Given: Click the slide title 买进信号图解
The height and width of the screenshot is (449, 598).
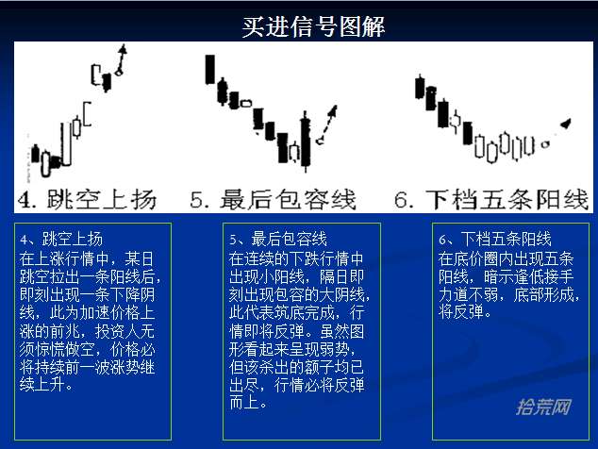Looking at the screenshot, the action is [x=313, y=26].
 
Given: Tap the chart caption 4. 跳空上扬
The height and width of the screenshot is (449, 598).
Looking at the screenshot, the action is [x=87, y=200].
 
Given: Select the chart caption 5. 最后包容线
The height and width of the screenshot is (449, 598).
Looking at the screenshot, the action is [x=274, y=200].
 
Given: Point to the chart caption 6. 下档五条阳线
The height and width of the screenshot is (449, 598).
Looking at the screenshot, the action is [x=491, y=200].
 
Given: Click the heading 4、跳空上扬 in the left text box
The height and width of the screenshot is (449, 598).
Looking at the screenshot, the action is [x=61, y=240].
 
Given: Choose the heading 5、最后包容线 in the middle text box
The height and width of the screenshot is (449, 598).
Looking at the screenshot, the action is [x=278, y=240].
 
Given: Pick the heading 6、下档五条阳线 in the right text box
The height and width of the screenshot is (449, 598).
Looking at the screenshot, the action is [x=494, y=240].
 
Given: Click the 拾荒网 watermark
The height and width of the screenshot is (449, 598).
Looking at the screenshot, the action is [x=543, y=407].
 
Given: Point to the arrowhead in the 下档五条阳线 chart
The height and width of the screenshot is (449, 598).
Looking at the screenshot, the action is [x=566, y=124].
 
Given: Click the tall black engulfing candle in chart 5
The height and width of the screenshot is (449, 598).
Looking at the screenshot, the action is [x=305, y=141].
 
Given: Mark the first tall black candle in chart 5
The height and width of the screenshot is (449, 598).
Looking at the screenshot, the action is [x=209, y=70].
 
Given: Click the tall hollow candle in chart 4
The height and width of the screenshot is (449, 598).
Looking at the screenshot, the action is [x=66, y=144].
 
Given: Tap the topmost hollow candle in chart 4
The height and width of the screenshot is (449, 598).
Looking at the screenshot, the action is [x=95, y=75].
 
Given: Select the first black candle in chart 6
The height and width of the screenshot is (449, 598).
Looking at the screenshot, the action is [x=420, y=87].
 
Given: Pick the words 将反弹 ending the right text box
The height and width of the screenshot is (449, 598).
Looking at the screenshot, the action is [x=461, y=311].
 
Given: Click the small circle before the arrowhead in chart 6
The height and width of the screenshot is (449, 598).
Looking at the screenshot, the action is [x=546, y=144].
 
